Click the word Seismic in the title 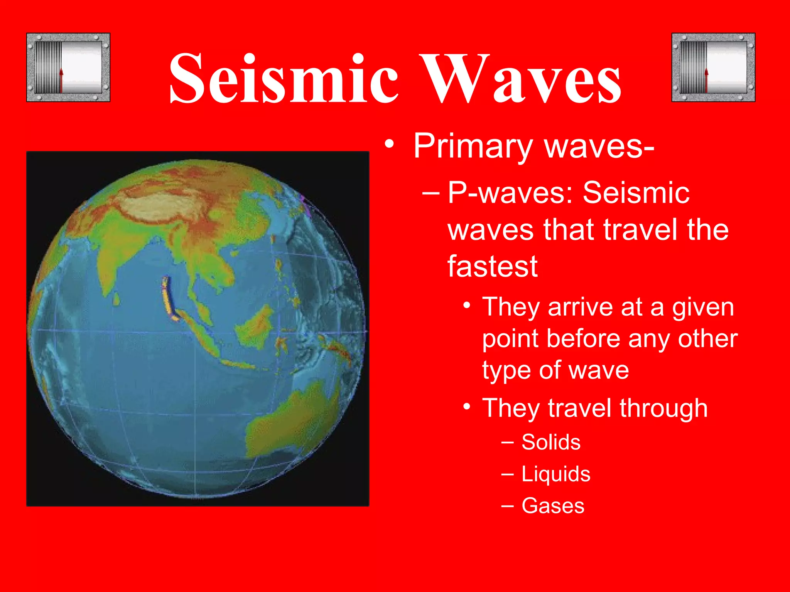click(x=284, y=79)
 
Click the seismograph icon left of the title click(x=68, y=67)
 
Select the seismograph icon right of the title click(x=713, y=67)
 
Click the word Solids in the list click(x=551, y=442)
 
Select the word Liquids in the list click(x=556, y=474)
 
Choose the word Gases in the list click(x=553, y=506)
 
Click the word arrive click(x=581, y=308)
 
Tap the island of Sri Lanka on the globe click(x=116, y=299)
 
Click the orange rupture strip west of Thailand click(x=169, y=299)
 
